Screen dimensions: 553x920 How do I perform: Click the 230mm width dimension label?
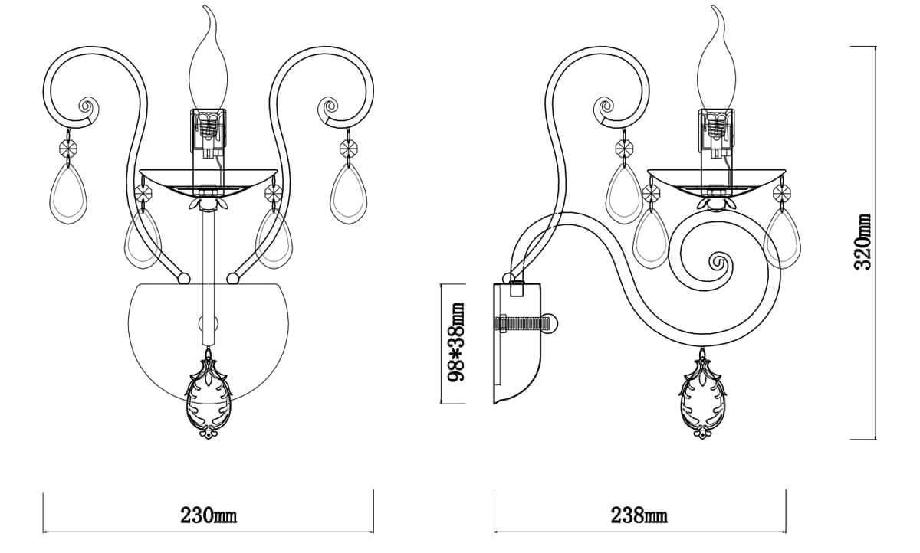209,515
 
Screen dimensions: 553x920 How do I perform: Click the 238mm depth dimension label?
639,515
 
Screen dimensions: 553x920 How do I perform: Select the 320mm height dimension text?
864,241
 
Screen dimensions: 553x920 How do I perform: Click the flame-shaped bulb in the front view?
208,65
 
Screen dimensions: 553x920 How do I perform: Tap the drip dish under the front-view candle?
208,177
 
